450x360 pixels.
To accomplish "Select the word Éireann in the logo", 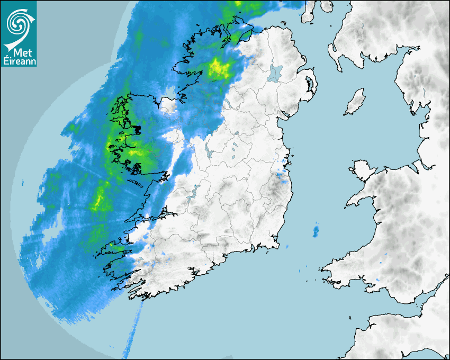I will click(19, 61).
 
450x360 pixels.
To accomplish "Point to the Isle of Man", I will click(355, 103).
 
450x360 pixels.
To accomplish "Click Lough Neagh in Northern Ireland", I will click(276, 73).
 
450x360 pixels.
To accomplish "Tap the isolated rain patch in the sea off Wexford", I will click(316, 231).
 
